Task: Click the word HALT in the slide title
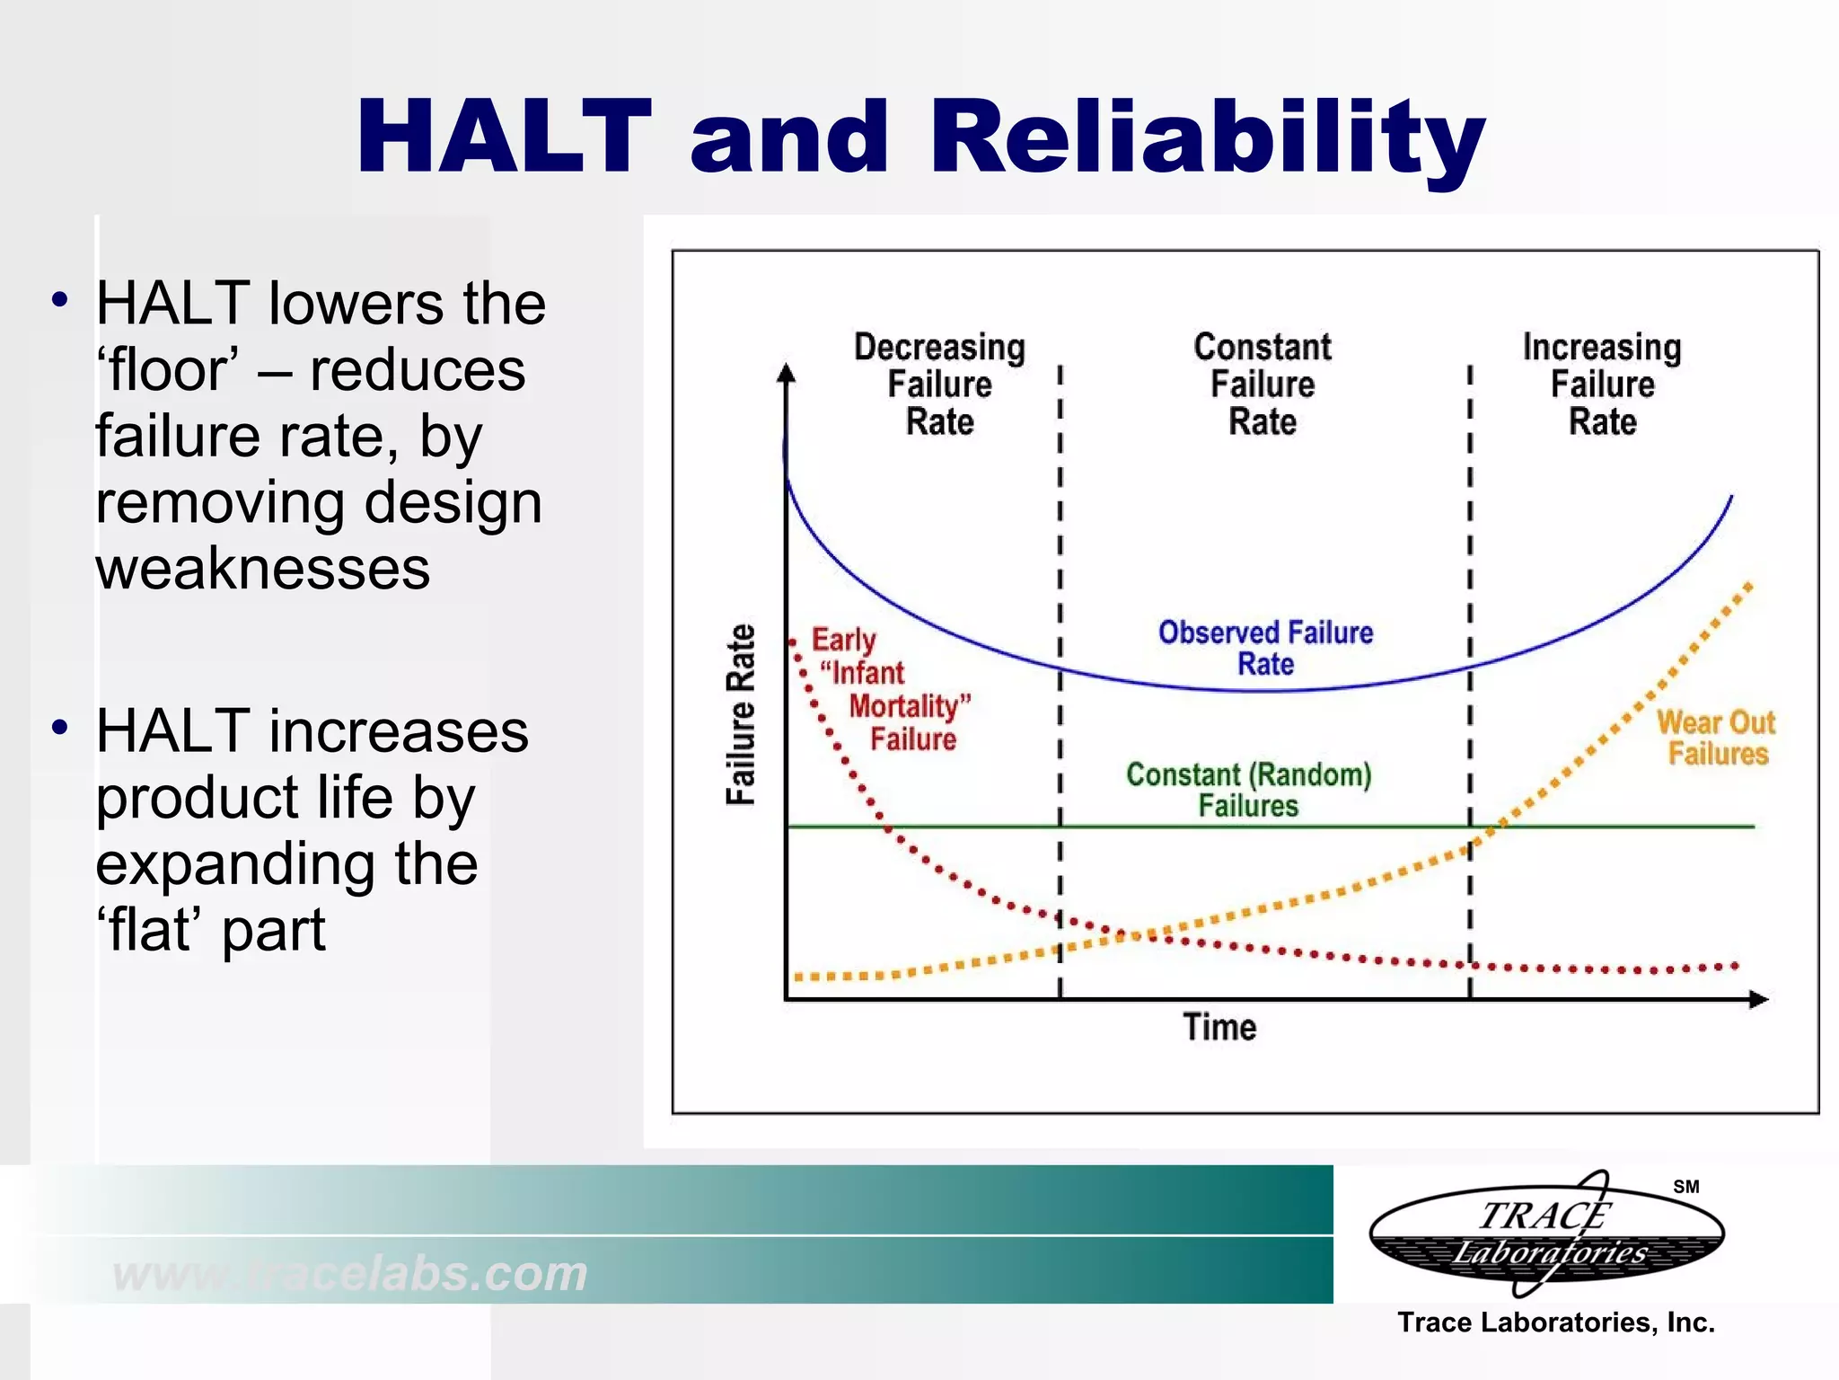click(x=503, y=137)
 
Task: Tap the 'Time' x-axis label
click(x=1219, y=1027)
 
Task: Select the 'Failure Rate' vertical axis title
click(x=741, y=715)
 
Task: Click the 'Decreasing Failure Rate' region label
click(x=939, y=384)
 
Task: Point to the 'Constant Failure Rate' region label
click(x=1262, y=384)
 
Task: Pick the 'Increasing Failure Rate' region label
click(x=1602, y=384)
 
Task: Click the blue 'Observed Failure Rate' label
click(x=1265, y=648)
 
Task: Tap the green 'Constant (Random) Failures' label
click(x=1248, y=790)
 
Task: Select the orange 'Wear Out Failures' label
click(x=1716, y=738)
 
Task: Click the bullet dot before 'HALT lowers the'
click(x=60, y=300)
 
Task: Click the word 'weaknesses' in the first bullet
click(x=262, y=569)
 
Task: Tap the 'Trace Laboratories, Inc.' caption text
click(x=1555, y=1322)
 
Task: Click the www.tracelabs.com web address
click(x=350, y=1273)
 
